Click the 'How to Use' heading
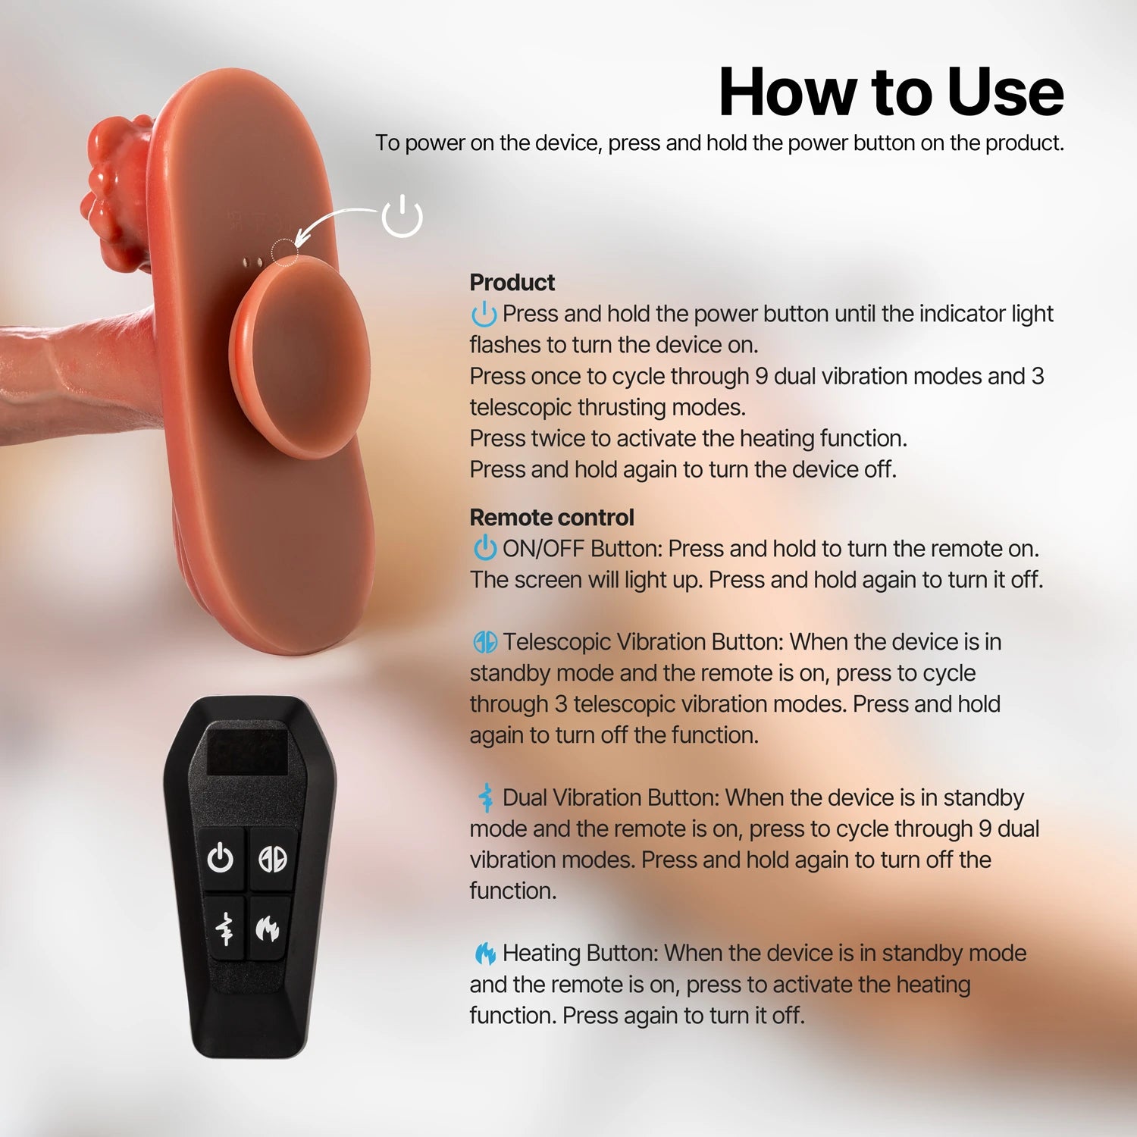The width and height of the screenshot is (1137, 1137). (891, 92)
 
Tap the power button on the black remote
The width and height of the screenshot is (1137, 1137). (221, 858)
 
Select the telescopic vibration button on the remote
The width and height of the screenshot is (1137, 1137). (273, 858)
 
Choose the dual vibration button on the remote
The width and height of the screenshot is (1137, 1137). (225, 928)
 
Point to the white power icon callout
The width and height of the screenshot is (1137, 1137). (402, 216)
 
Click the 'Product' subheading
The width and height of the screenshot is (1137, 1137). (512, 283)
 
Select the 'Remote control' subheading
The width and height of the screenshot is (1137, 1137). (552, 518)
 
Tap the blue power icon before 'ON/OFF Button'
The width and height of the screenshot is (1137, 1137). (484, 547)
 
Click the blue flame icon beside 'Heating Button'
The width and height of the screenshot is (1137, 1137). (485, 954)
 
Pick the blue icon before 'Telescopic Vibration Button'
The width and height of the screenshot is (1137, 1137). (485, 642)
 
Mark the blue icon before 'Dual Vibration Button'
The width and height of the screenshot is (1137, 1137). (485, 797)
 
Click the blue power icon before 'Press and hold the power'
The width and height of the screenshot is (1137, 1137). (484, 313)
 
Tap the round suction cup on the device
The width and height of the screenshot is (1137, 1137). (299, 356)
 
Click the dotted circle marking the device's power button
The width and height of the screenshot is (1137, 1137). (285, 252)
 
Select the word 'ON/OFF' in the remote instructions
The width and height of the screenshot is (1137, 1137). (543, 549)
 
